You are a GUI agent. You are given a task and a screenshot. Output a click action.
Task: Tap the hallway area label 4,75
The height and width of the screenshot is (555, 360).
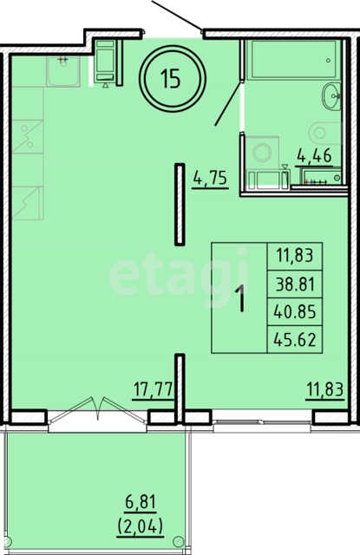tap(210, 178)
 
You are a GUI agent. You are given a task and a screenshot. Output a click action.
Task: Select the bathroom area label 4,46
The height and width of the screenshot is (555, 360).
tap(314, 156)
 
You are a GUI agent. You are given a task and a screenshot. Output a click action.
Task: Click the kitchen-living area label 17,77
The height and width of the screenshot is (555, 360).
tap(153, 390)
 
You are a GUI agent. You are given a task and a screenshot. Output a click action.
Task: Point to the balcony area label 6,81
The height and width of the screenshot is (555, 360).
tap(141, 502)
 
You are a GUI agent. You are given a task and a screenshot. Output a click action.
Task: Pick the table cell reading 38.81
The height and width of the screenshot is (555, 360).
tap(295, 284)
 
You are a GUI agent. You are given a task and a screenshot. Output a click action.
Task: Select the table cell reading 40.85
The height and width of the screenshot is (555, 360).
tap(295, 312)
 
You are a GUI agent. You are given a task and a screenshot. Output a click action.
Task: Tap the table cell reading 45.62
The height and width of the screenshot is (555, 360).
tap(295, 340)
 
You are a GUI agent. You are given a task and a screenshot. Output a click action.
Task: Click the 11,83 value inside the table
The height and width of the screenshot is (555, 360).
tap(295, 256)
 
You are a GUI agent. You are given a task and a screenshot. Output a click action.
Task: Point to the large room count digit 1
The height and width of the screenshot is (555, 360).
tap(242, 298)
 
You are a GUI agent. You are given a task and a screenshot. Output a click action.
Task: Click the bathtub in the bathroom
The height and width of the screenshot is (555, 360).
tap(291, 60)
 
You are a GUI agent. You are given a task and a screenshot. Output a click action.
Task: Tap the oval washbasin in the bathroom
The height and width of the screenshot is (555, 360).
tap(331, 96)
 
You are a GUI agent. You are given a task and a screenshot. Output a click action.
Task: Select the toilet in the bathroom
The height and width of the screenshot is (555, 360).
tap(324, 133)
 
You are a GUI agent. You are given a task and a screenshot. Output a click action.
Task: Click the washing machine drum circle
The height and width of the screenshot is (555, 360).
tap(262, 153)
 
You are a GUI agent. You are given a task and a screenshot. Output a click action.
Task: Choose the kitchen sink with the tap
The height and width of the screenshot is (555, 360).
tap(63, 71)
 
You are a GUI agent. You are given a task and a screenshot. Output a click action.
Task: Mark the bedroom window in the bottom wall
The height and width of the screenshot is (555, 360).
tap(262, 422)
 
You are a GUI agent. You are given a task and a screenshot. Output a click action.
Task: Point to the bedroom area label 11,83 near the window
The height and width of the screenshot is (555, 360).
tap(325, 390)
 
